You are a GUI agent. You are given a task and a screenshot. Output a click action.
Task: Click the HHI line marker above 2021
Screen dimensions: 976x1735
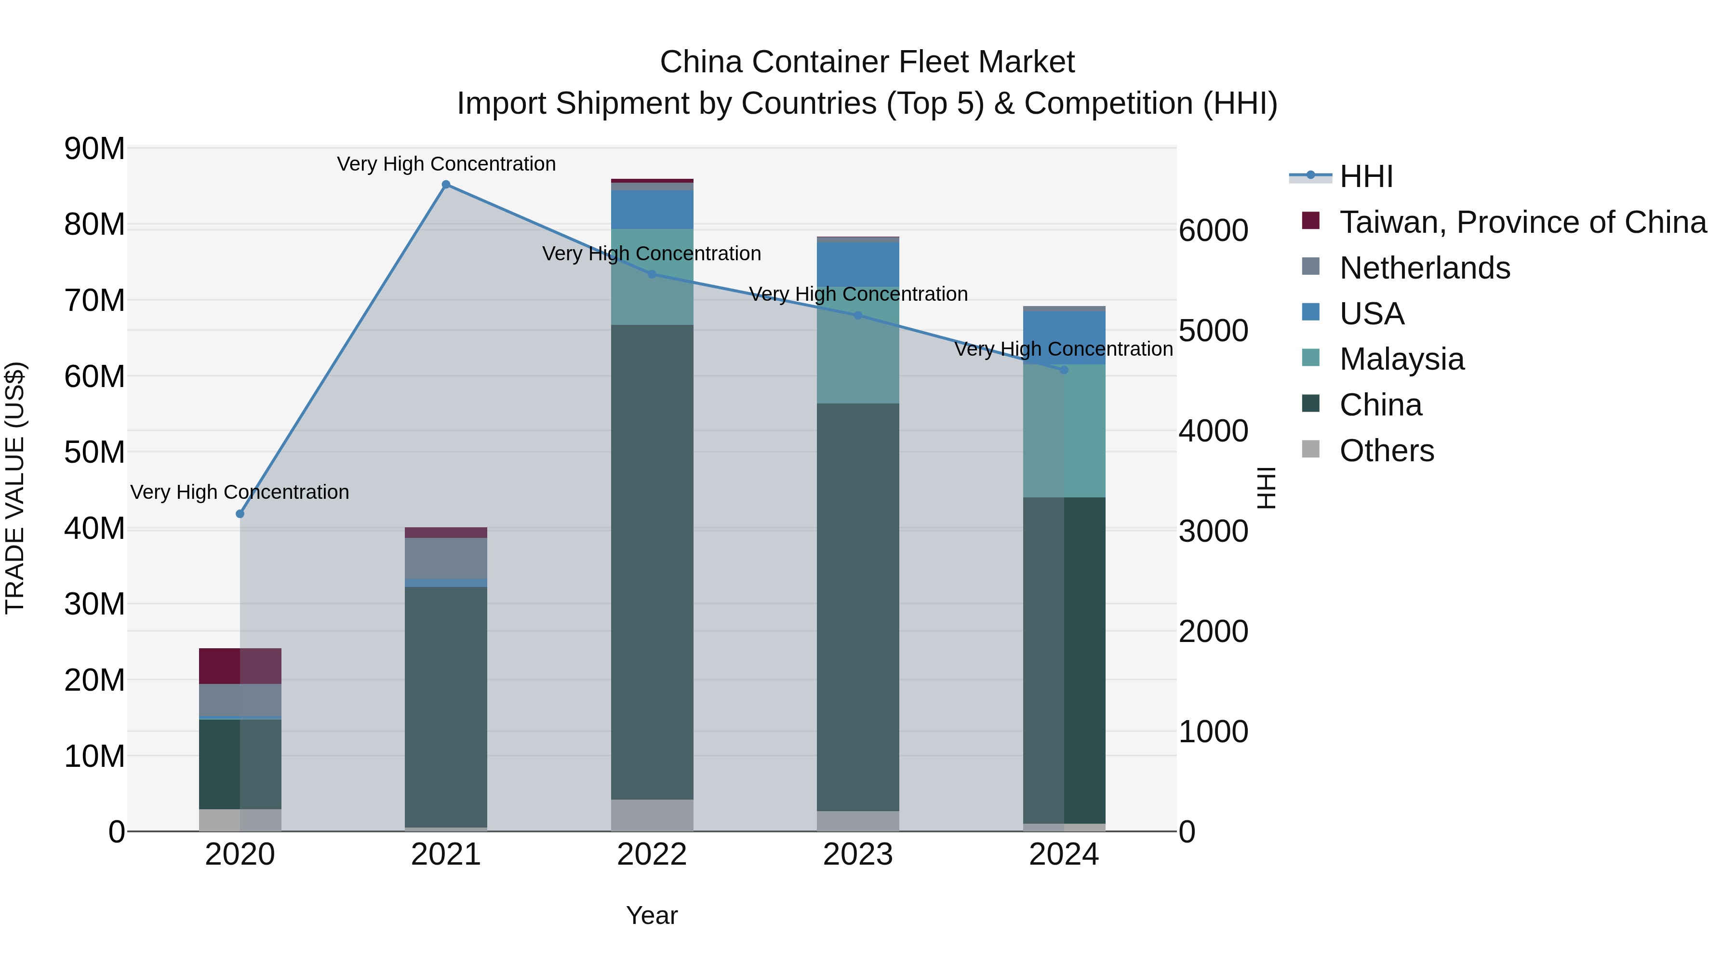tap(446, 185)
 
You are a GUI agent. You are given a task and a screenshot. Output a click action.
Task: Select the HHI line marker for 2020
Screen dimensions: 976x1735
tap(240, 514)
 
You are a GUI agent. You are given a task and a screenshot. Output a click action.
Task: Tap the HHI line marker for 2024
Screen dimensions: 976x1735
tap(1064, 370)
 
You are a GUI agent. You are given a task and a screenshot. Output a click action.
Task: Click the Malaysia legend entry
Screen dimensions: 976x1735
tap(1401, 359)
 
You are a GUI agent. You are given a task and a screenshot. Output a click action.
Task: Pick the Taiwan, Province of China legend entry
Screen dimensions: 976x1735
tap(1522, 222)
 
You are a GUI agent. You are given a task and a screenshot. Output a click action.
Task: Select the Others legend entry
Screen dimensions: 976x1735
tap(1386, 451)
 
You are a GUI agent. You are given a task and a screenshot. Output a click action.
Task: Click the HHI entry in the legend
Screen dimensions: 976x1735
tap(1365, 176)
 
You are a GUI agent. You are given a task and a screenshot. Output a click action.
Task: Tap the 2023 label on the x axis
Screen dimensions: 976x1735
tap(857, 855)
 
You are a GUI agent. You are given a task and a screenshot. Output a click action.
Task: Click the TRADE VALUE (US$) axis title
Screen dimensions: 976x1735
tap(15, 488)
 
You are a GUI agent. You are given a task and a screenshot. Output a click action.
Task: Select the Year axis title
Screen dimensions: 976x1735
tap(651, 915)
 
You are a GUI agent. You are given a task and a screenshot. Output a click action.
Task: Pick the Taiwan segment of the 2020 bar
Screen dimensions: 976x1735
tap(240, 666)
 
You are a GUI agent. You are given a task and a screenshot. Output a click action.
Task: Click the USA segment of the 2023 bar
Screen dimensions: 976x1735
tap(857, 264)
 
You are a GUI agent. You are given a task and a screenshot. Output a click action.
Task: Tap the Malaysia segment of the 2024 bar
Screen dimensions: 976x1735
tap(1064, 431)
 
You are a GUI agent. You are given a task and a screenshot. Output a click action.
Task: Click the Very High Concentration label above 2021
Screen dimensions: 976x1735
tap(446, 164)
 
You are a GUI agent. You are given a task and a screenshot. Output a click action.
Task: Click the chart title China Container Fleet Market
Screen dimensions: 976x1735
tap(867, 62)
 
